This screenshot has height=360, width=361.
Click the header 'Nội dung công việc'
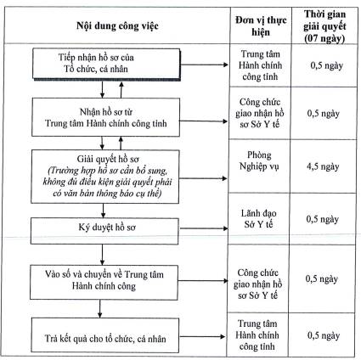117,26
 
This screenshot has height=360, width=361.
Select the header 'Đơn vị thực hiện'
261,25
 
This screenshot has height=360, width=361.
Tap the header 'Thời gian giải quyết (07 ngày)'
324,26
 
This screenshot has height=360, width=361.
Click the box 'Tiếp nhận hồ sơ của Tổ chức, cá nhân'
106,64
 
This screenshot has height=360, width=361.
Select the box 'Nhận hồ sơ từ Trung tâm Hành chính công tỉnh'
106,117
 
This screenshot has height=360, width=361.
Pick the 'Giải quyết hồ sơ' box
105,177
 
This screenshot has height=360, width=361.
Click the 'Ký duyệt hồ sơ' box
104,231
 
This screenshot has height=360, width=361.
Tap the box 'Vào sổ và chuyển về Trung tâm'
104,282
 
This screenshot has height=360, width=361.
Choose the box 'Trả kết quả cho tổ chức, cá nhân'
105,335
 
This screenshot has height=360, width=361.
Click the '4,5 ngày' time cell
323,166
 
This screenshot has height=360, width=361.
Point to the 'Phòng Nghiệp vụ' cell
259,160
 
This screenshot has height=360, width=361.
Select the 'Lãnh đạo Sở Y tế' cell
258,218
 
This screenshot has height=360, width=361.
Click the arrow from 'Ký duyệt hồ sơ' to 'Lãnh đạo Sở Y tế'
204,228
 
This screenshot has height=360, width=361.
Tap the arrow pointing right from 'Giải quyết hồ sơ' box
203,178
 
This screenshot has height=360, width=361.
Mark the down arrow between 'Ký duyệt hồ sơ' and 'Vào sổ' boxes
102,255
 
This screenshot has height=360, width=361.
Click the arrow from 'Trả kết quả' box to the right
202,336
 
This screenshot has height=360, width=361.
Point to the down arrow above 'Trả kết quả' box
99,308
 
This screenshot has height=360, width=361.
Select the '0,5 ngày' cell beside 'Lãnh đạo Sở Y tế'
322,219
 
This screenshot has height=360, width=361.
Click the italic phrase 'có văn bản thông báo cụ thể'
107,194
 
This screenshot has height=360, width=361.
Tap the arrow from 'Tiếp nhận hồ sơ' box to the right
204,65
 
